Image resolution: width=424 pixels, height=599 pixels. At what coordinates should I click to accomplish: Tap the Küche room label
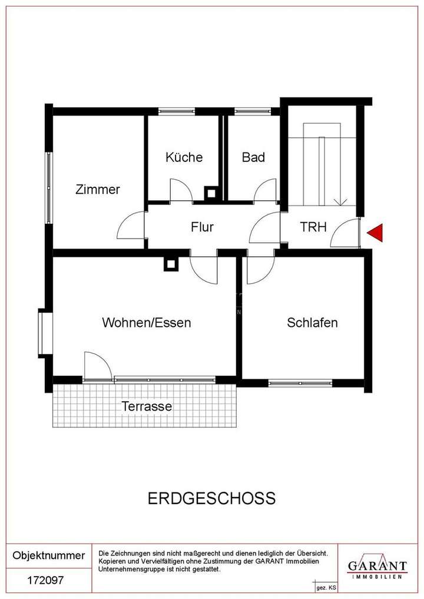184,157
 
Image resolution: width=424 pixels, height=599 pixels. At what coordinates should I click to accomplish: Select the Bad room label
253,157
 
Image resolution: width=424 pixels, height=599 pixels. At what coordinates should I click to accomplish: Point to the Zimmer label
98,190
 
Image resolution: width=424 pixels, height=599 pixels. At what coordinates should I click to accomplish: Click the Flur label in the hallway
202,227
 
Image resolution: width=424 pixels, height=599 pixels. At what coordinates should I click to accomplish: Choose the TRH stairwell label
313,227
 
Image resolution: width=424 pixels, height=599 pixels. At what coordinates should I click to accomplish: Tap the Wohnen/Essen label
147,323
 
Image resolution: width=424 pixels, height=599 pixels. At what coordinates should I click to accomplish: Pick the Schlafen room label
312,323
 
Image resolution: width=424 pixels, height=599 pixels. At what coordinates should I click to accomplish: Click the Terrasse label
147,406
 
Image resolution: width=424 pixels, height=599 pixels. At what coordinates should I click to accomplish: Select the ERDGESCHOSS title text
211,498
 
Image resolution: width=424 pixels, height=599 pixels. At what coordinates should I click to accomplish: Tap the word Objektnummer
49,555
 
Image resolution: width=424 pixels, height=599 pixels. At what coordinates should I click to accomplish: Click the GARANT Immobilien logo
377,567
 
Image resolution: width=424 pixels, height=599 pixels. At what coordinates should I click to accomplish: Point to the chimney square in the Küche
211,192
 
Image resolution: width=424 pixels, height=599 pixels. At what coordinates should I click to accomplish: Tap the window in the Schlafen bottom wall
300,383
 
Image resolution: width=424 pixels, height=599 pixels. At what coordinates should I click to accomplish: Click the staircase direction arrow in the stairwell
340,202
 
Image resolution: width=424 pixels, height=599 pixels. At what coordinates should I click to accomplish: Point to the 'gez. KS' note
326,588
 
